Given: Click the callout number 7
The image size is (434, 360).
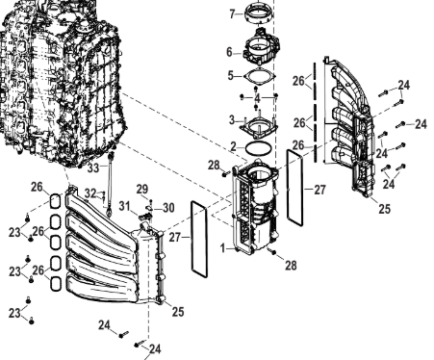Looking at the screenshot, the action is coord(233,13).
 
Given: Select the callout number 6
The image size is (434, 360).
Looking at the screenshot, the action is coord(229,52).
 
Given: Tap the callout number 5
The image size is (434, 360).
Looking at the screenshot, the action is coord(231,76).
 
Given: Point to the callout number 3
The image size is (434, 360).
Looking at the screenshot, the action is coord(232,120).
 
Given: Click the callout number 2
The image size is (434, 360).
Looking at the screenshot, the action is coord(234,146).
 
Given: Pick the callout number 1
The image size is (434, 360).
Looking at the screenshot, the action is coord(223,247).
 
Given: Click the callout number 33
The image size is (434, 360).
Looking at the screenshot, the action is coord(93,167).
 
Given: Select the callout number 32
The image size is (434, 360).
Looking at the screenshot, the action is coord(90,193).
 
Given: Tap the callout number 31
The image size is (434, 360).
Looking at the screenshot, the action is coord(124,206).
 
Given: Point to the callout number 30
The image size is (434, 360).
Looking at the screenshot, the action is coord(168,208).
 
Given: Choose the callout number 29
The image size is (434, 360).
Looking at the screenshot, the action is coord(142,190).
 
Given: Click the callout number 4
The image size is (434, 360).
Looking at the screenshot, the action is coord(258,98).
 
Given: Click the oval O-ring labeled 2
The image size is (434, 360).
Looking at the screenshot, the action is coord(259,148).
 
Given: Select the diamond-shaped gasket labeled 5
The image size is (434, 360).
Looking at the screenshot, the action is coord(260,77).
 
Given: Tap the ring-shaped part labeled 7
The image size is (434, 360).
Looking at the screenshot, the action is coord(259,13).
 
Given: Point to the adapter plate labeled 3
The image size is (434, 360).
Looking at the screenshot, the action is coord(259,128).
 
